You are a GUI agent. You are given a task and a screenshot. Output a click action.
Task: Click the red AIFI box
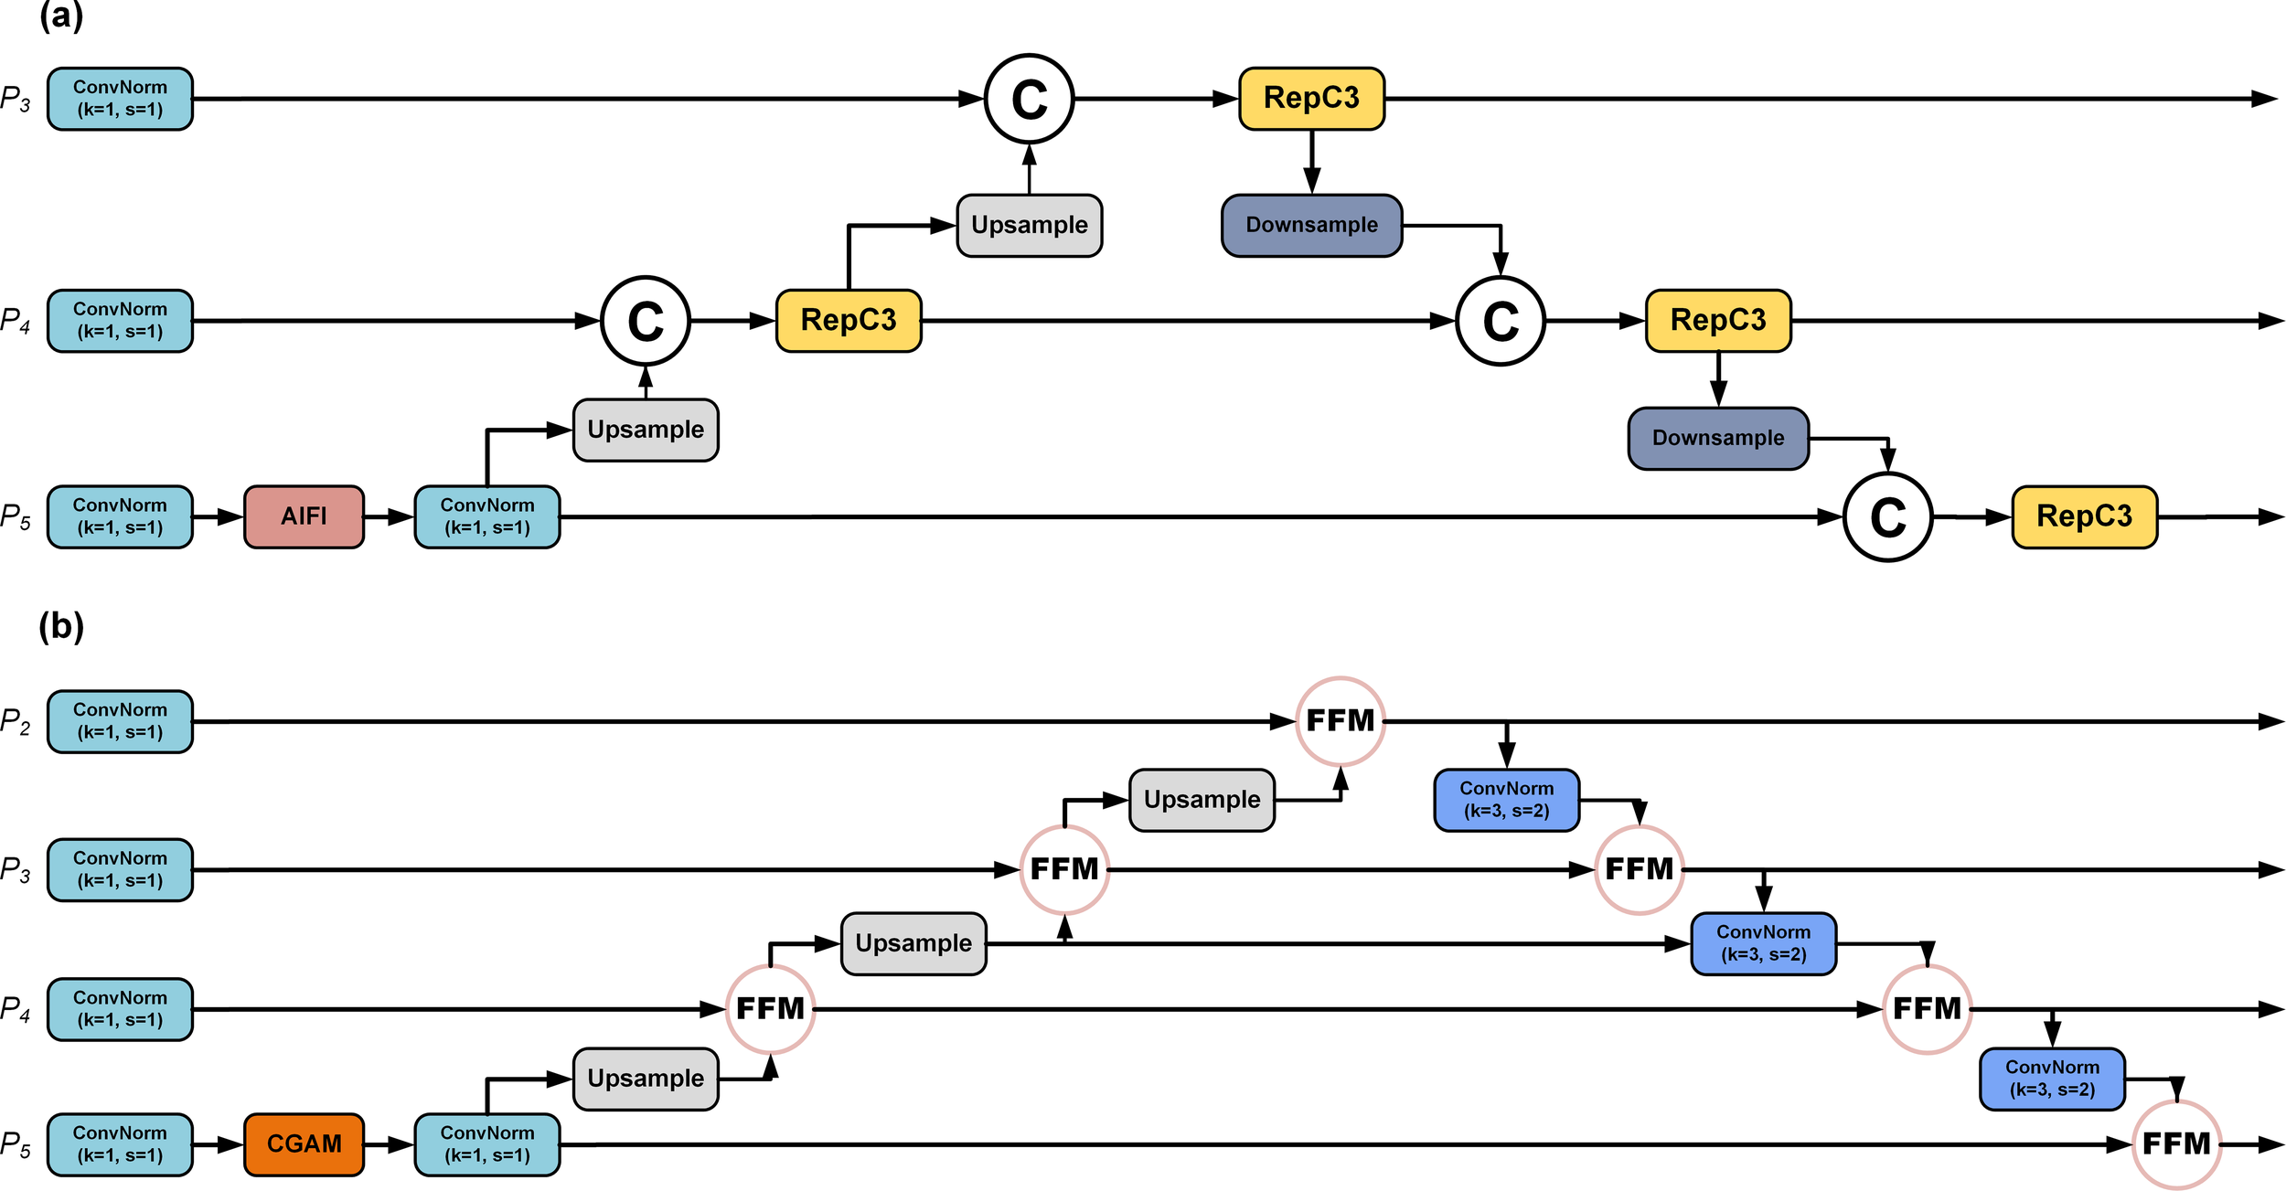tap(304, 516)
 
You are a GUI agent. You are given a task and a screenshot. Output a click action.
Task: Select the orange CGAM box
tap(304, 1143)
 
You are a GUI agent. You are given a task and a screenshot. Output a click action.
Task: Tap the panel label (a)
tap(61, 16)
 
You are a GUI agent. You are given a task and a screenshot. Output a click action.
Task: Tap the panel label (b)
tap(61, 626)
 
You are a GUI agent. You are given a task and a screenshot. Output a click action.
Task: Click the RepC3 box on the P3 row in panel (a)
tap(1311, 98)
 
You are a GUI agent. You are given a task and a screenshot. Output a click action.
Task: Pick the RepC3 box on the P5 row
tap(2084, 516)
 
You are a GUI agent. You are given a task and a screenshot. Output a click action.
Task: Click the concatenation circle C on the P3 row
tap(1029, 99)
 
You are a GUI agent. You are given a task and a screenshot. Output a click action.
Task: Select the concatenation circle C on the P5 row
tap(1887, 517)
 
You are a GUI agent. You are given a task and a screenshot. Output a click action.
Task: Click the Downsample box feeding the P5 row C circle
tap(1718, 439)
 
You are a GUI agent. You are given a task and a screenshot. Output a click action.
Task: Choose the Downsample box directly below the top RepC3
tap(1311, 225)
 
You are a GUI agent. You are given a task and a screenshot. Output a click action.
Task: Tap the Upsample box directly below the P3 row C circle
tap(1029, 225)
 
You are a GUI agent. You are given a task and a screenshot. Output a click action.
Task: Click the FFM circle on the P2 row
tap(1340, 721)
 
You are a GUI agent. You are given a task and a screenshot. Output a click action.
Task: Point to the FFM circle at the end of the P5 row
tap(2176, 1143)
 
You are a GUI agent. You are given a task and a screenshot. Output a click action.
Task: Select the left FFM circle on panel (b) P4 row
tap(770, 1009)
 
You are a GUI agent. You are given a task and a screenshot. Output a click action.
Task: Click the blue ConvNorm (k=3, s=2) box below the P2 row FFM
tap(1506, 800)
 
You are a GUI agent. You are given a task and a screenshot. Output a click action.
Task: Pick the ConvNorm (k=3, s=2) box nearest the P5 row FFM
tap(2052, 1079)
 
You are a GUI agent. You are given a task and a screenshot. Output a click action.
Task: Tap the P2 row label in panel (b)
tap(16, 722)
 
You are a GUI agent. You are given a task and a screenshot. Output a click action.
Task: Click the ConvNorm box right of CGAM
tap(486, 1143)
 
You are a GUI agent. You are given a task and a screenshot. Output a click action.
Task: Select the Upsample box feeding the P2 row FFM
tap(1202, 800)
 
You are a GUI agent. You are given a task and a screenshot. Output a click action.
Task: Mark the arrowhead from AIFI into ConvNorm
tap(402, 517)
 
